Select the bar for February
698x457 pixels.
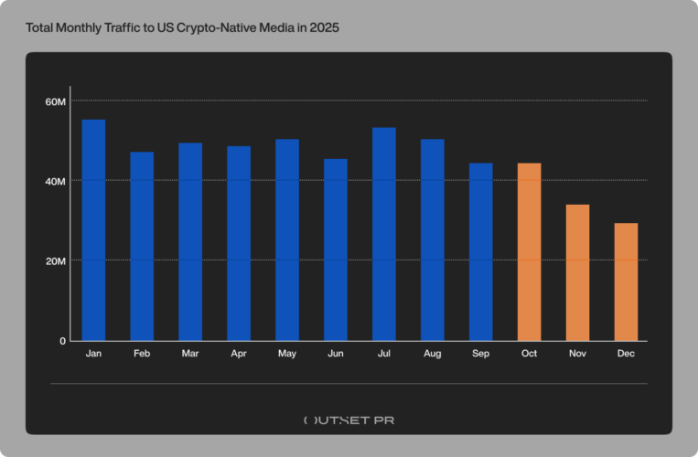(142, 246)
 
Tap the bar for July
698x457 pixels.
(384, 234)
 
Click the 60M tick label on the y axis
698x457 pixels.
(56, 101)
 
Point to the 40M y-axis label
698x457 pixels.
(56, 181)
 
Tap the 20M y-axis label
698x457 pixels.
(56, 260)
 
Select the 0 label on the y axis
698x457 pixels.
(63, 341)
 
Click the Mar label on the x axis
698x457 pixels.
(190, 353)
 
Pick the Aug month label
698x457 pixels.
(432, 353)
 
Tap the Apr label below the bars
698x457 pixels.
(239, 353)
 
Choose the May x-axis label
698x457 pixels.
(287, 353)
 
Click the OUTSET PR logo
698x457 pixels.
(349, 420)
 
